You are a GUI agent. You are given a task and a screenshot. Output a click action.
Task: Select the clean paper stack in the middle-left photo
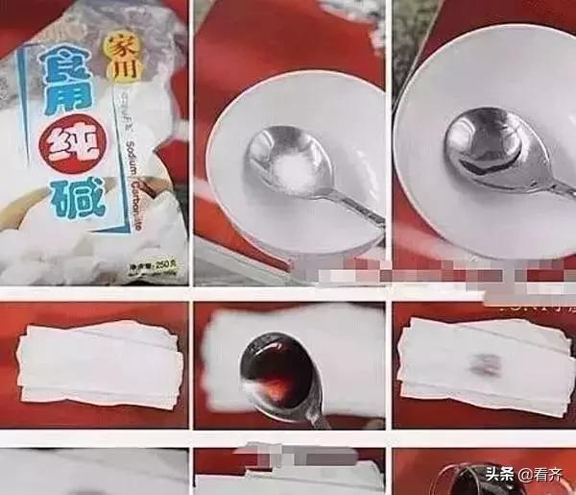pyautogui.click(x=96, y=359)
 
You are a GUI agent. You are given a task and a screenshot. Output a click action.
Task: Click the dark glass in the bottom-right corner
pyautogui.click(x=461, y=481)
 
